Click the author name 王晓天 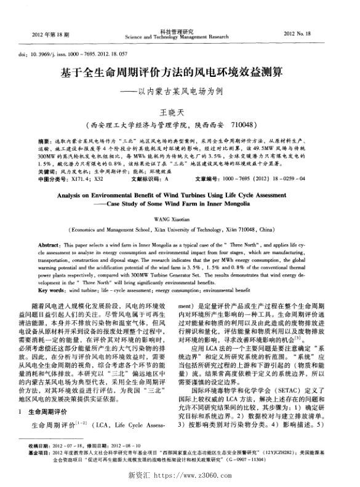pos(180,113)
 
